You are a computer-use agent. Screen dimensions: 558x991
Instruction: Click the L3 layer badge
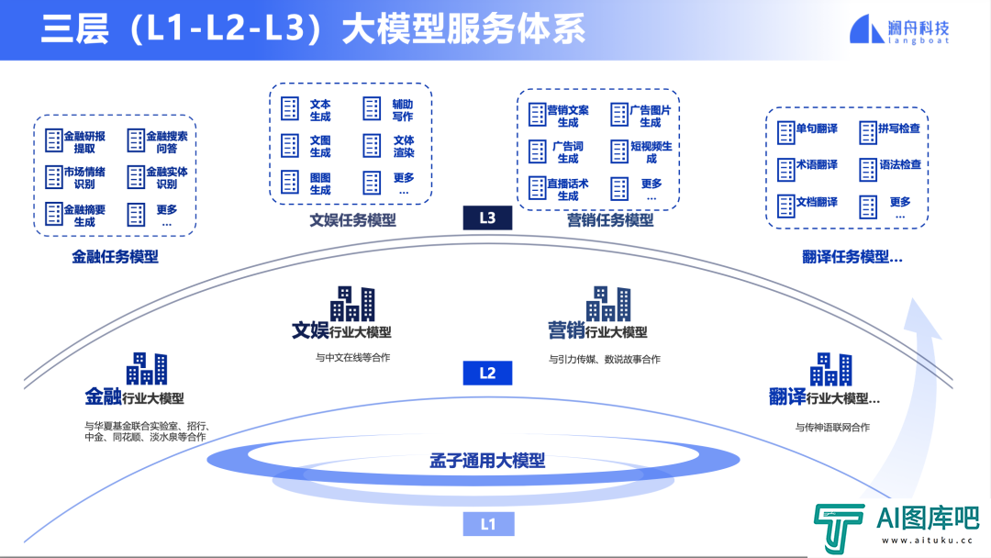click(x=487, y=218)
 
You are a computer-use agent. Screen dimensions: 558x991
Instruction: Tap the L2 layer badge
click(x=487, y=373)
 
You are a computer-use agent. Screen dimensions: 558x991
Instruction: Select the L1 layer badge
click(x=487, y=524)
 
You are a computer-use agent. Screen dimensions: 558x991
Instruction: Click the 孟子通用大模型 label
click(x=487, y=460)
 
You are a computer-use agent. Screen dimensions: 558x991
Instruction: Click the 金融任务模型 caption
click(x=115, y=257)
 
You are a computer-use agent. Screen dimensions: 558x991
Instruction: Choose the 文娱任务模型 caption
click(x=352, y=220)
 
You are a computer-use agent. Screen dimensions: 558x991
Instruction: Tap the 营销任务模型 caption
click(x=610, y=220)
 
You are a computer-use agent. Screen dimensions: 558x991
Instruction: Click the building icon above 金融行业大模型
click(x=147, y=368)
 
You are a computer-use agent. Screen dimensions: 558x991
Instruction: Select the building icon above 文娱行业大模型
click(x=352, y=303)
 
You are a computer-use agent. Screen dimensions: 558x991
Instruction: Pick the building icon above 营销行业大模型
click(x=608, y=303)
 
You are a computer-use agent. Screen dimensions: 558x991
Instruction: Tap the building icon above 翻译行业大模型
click(x=830, y=369)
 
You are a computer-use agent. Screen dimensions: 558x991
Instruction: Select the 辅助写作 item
click(x=389, y=110)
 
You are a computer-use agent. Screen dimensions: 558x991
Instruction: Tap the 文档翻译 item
click(x=807, y=202)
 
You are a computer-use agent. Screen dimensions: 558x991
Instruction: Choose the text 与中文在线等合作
click(x=352, y=357)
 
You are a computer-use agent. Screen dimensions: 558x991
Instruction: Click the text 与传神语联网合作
click(x=832, y=427)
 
